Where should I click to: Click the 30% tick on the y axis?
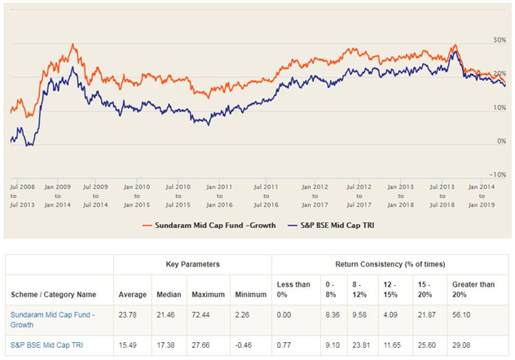[x=500, y=40]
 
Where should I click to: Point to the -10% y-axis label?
[x=498, y=174]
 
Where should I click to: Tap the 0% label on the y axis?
[x=501, y=141]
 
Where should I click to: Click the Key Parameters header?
[x=194, y=265]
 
